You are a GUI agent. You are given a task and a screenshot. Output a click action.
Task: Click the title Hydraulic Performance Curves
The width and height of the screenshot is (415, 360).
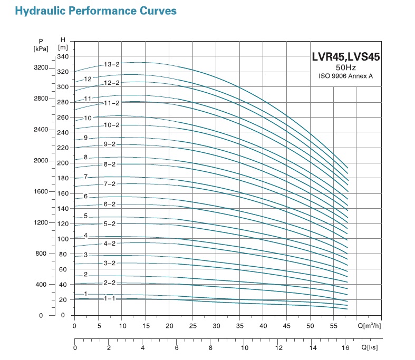click(95, 11)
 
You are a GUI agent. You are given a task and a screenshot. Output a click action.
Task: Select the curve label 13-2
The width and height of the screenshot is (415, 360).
click(111, 64)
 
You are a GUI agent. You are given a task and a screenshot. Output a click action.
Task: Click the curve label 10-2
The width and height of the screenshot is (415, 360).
click(111, 125)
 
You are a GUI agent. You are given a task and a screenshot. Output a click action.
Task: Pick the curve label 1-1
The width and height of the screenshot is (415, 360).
click(110, 298)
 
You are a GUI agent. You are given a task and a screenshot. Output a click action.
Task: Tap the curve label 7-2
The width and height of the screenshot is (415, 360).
click(110, 184)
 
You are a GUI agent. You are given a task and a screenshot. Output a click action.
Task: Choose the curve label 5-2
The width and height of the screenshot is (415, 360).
click(110, 223)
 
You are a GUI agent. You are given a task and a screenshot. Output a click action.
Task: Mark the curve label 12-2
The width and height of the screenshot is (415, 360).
click(111, 83)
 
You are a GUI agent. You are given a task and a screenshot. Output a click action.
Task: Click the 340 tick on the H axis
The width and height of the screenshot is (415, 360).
click(63, 56)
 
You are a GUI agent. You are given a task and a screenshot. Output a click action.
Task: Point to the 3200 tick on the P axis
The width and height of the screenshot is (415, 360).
click(41, 68)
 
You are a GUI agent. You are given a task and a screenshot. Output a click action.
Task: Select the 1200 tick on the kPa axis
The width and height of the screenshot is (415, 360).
click(41, 222)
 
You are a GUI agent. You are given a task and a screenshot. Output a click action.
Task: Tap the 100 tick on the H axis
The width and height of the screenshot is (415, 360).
click(63, 239)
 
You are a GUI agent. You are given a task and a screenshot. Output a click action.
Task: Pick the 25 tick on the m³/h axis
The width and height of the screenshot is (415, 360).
click(192, 326)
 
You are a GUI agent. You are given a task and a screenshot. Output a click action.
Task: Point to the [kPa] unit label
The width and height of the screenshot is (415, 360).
click(41, 49)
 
